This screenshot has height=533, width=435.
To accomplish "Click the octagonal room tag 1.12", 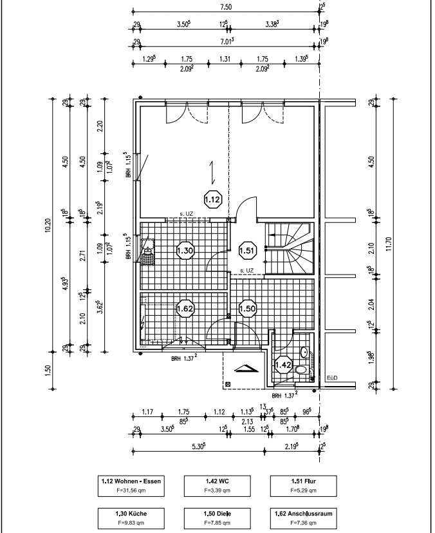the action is [x=213, y=200].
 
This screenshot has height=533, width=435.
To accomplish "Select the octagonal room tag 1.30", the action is [x=185, y=251].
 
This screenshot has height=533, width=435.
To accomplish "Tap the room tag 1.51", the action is [x=247, y=251].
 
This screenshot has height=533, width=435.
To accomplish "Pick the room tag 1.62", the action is [x=185, y=309].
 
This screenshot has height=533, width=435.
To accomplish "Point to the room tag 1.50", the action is [x=247, y=309].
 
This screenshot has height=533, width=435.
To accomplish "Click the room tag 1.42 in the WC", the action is [x=283, y=365].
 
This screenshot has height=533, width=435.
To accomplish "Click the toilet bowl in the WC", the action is [x=301, y=370].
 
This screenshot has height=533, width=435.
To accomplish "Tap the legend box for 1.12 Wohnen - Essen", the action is [x=131, y=486].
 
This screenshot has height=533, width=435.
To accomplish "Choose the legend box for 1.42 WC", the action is [x=217, y=486].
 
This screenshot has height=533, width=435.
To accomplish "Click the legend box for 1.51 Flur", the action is [x=303, y=486].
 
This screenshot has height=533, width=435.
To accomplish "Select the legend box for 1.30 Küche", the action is [x=131, y=518].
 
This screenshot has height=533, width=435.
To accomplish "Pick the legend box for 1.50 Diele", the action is [x=217, y=518].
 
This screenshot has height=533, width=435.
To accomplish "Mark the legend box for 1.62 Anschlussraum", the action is [x=303, y=518].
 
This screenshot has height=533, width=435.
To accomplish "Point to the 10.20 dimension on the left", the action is [x=48, y=225].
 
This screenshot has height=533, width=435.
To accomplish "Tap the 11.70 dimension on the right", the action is [x=389, y=244].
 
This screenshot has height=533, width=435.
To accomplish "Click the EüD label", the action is [x=332, y=378].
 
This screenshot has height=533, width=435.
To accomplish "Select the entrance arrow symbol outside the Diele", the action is [x=246, y=369].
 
